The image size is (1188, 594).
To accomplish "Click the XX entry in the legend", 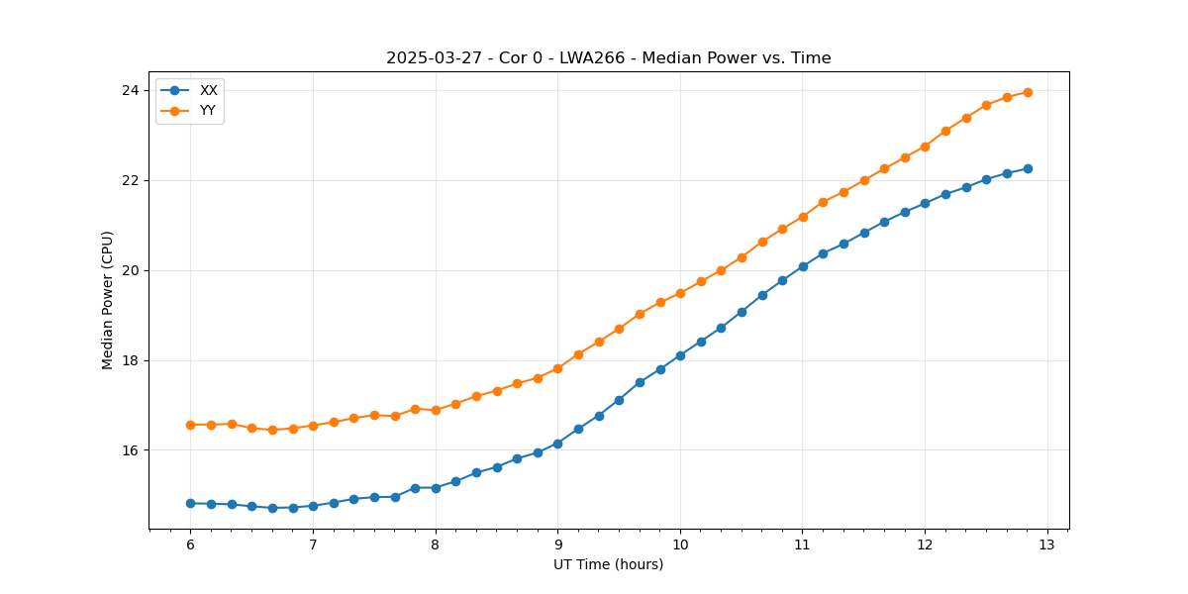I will coord(208,90).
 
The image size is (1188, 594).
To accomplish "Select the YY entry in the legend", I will coord(208,110).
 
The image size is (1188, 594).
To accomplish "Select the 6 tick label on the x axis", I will coord(190,544).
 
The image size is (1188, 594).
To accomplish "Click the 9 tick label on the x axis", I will coord(557,544).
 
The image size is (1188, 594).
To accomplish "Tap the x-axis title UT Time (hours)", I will coord(608,564).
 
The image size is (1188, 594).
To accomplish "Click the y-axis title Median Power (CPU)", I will coord(108,300).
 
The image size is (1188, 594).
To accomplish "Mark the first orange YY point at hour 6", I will coord(190,425).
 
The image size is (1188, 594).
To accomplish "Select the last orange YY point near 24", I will coord(1028,92).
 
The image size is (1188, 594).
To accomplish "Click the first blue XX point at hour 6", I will coord(190,503).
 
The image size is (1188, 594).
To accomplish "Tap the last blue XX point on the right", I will coord(1028,168).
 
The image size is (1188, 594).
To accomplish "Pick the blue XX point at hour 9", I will coord(557,444).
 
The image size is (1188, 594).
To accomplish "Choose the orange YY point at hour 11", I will coord(803,217).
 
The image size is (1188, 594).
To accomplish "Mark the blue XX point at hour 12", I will coord(925,203).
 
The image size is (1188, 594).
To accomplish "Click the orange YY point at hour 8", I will coord(436,410).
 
